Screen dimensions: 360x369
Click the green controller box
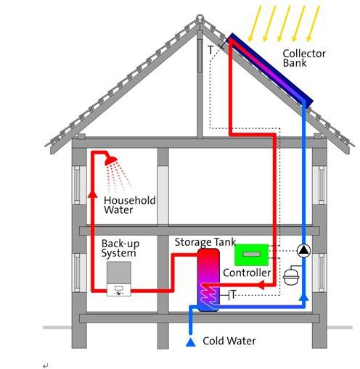252,254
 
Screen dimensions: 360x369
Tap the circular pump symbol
303,251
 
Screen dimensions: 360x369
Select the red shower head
111,161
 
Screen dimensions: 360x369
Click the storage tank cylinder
208,280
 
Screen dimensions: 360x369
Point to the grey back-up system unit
119,278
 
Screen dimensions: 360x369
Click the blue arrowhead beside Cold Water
191,342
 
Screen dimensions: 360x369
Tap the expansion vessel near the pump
291,275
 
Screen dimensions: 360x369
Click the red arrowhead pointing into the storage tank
261,285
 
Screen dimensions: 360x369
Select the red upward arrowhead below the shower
92,194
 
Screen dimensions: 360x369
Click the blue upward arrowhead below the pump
304,297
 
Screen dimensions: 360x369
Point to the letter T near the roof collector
210,50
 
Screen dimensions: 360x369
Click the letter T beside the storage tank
233,294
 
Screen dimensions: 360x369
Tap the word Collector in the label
304,54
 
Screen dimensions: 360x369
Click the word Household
130,200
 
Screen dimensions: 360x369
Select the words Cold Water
229,341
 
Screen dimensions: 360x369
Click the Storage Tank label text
205,242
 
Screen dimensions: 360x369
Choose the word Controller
247,273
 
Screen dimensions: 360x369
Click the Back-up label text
120,244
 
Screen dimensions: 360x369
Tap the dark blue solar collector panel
270,71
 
